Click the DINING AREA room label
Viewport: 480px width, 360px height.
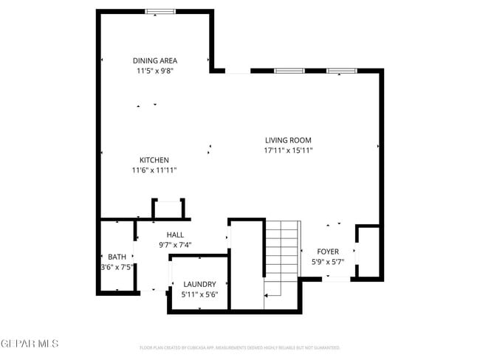coord(154,60)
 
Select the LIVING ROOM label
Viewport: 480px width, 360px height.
coord(288,140)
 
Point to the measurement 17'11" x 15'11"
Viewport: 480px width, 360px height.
coord(288,150)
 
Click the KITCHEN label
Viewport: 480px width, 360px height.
coord(154,160)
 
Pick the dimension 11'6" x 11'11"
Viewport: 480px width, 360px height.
coord(154,170)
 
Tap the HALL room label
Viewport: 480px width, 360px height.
coord(175,235)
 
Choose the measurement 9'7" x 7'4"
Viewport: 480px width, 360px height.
coord(175,245)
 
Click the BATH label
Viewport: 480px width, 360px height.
coord(117,257)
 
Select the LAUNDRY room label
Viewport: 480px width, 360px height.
coord(199,284)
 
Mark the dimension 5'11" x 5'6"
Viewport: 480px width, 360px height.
coord(199,294)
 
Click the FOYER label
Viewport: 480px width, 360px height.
coord(327,252)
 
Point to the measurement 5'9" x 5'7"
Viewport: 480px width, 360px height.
coord(327,262)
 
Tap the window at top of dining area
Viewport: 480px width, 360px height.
coord(160,11)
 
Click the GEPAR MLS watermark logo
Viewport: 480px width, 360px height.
coord(30,344)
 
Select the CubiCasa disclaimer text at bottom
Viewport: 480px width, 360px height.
coord(239,347)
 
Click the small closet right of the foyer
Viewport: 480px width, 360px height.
coord(368,252)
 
